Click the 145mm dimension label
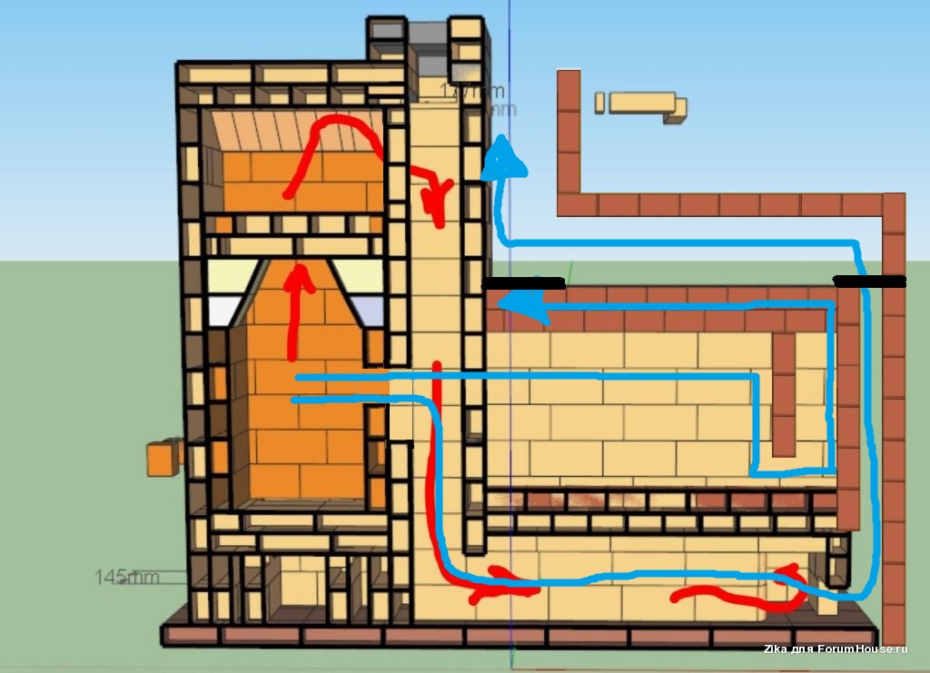(127, 577)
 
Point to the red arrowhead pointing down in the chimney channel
(441, 201)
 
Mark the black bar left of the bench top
(523, 284)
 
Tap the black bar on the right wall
(869, 282)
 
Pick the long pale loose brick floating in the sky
(641, 102)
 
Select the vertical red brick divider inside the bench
(783, 394)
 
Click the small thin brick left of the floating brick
(599, 102)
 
